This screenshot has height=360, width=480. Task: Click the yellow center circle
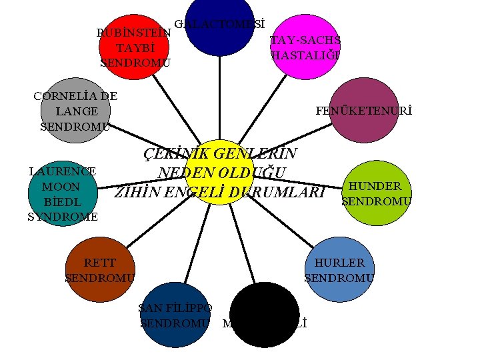pyautogui.click(x=219, y=172)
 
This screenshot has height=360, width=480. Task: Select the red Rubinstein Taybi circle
pyautogui.click(x=131, y=47)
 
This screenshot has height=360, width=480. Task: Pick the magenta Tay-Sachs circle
pyautogui.click(x=307, y=47)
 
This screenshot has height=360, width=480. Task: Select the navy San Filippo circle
pyautogui.click(x=175, y=315)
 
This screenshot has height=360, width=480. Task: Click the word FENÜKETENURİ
pyautogui.click(x=364, y=111)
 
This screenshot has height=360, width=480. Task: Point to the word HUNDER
pyautogui.click(x=375, y=187)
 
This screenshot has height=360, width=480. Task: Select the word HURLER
pyautogui.click(x=339, y=263)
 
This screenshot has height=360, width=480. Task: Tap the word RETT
pyautogui.click(x=100, y=263)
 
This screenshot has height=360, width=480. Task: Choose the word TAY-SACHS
pyautogui.click(x=305, y=41)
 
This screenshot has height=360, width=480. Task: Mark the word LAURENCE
pyautogui.click(x=63, y=171)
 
